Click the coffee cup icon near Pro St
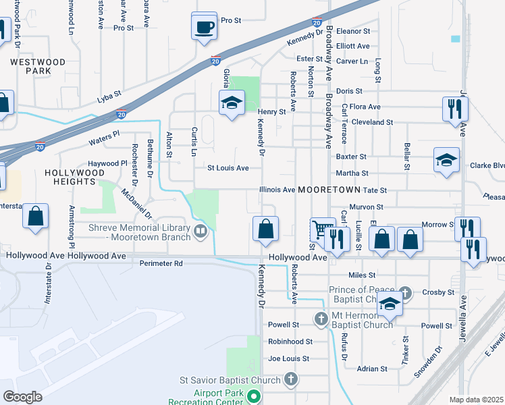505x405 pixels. [x=205, y=27]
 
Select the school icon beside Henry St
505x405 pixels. [x=232, y=103]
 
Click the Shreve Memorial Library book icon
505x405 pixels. [x=200, y=232]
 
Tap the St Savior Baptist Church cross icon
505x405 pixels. [x=290, y=380]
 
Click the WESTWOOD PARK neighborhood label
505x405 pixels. [x=37, y=65]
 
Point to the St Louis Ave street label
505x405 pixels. [x=228, y=167]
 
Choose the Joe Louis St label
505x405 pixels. [x=288, y=358]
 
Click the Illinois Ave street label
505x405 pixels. [x=277, y=190]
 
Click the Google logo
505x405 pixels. [x=22, y=396]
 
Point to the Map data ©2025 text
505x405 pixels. [x=477, y=400]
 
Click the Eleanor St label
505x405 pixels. [x=353, y=31]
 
